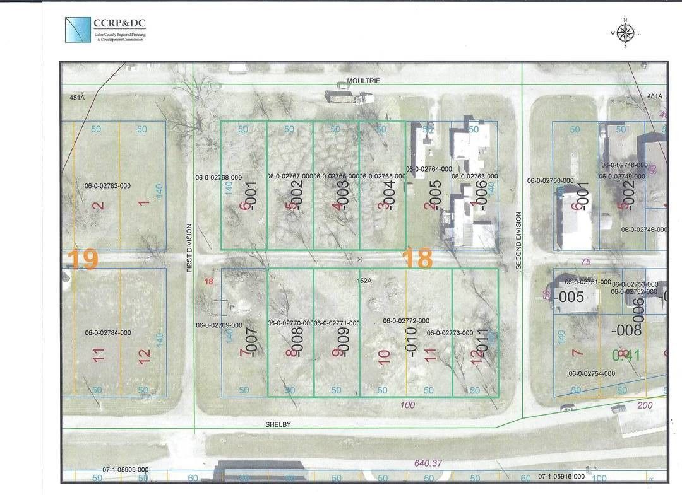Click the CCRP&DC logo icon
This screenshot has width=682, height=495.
(78, 29)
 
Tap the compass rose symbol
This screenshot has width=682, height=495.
(625, 33)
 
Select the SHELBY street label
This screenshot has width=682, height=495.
(278, 425)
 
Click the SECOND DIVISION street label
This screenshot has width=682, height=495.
(519, 241)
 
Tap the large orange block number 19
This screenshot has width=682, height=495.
(83, 259)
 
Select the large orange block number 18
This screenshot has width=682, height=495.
(417, 259)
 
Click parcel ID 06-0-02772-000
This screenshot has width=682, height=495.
(406, 320)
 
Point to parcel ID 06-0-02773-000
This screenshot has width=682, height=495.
(450, 333)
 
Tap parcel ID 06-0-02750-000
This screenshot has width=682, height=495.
(550, 180)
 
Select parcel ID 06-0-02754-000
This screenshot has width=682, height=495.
(592, 373)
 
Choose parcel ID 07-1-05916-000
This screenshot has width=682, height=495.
(561, 477)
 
